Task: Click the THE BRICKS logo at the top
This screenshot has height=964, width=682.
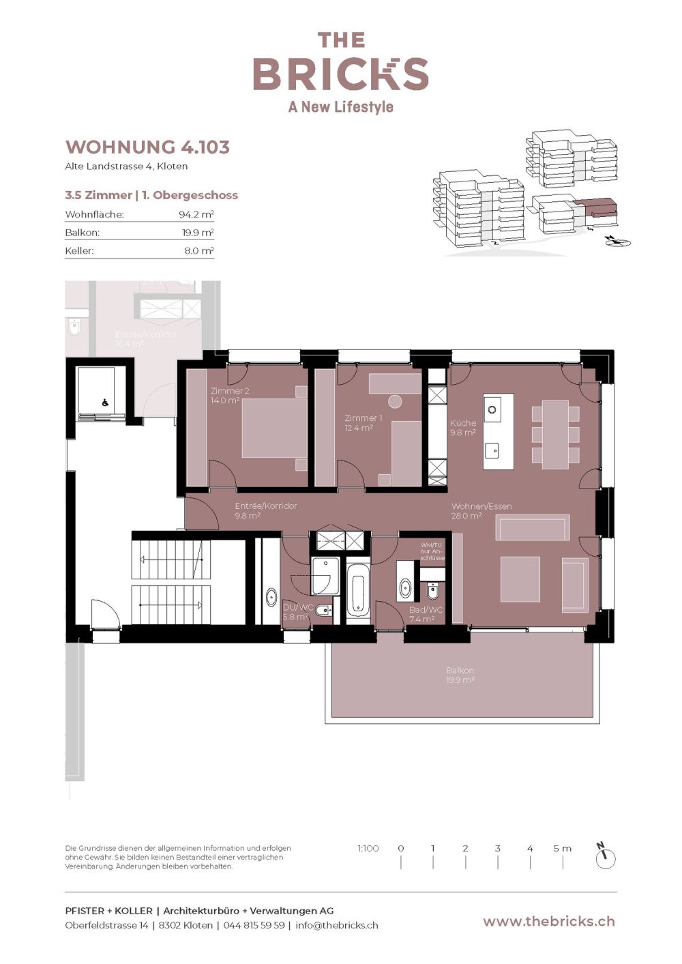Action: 340,71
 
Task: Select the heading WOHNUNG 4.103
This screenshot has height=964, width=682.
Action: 147,147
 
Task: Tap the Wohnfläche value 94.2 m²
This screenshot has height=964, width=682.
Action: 196,214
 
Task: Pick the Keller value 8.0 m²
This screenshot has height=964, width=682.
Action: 198,250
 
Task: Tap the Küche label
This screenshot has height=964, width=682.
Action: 462,427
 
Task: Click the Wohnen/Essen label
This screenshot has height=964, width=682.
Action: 481,511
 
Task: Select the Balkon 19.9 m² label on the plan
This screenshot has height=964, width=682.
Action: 460,675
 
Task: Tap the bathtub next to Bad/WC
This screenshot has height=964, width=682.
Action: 358,588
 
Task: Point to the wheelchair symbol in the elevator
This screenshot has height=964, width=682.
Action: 105,403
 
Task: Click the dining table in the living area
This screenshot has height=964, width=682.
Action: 555,435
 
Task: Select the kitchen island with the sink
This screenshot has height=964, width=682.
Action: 498,431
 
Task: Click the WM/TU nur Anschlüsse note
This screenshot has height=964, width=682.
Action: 432,551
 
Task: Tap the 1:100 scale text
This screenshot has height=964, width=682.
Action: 368,848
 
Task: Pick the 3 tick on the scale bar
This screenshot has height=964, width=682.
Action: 498,849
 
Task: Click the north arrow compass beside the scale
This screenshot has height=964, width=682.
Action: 605,856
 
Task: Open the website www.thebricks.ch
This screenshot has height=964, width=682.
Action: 548,921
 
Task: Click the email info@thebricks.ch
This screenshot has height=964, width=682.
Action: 336,925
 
